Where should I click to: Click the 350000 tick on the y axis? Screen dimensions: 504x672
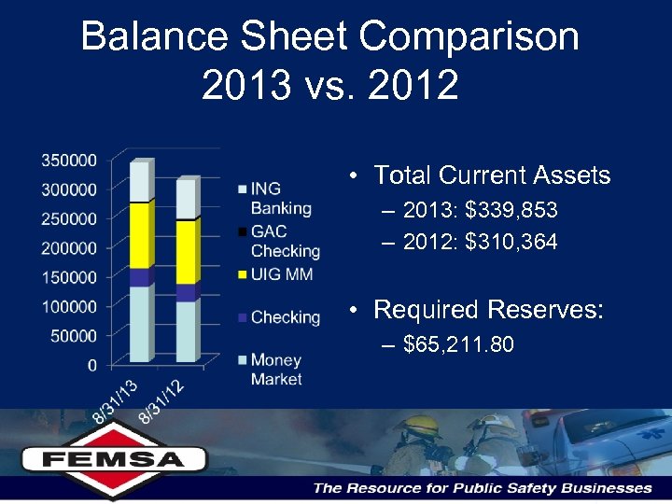point(69,161)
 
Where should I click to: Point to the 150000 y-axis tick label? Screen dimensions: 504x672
point(69,277)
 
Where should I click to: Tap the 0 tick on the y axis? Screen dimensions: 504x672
point(91,365)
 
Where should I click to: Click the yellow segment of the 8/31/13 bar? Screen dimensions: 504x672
point(140,235)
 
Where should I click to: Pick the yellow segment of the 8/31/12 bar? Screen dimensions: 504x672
point(186,252)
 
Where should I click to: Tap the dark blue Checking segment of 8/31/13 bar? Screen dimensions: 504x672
point(140,277)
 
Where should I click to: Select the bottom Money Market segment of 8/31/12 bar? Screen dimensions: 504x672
point(186,331)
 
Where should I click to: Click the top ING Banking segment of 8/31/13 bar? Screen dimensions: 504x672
point(140,182)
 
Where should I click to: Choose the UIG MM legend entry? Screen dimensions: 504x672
point(280,274)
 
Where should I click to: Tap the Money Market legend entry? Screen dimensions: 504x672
point(276,370)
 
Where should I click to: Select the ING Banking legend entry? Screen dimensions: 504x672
point(280,198)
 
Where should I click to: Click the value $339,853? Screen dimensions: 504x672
point(512,210)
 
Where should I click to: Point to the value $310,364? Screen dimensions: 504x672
point(512,243)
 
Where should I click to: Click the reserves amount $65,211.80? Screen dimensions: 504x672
point(458,345)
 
